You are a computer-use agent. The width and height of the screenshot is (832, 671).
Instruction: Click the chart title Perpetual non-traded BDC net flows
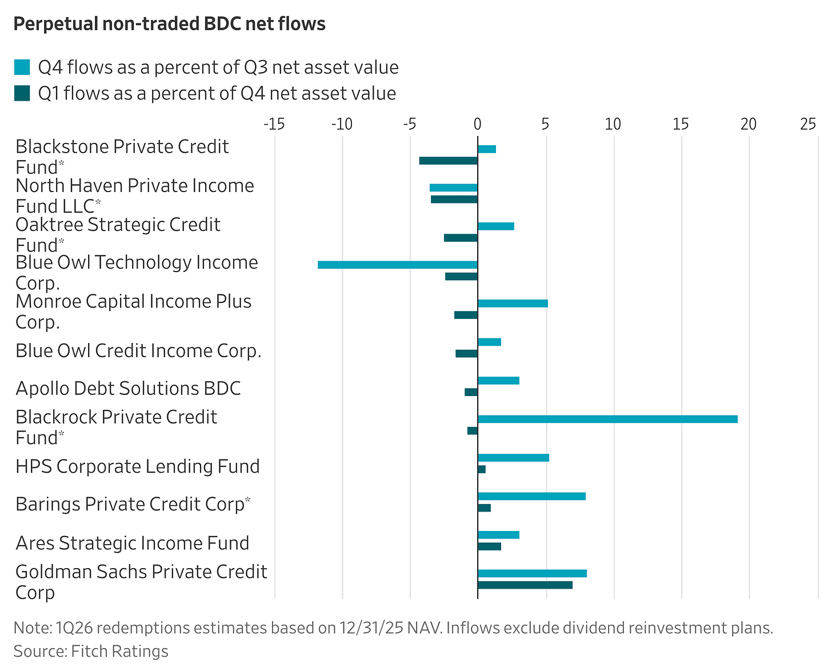click(x=169, y=24)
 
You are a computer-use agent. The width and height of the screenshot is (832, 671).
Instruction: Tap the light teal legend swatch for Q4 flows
click(x=22, y=67)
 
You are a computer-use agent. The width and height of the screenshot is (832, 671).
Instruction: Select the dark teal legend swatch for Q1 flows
click(x=22, y=93)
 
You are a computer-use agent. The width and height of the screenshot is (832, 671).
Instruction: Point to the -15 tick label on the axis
click(x=274, y=124)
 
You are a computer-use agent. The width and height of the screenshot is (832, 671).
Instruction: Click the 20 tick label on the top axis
click(x=748, y=124)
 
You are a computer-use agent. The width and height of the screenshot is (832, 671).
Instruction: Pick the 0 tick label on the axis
click(x=478, y=124)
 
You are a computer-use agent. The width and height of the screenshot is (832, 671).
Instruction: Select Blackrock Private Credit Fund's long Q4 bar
click(x=607, y=419)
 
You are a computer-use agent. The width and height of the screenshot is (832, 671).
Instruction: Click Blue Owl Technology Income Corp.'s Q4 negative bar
click(x=398, y=265)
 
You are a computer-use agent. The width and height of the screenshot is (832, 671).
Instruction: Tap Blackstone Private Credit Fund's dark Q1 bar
click(x=449, y=161)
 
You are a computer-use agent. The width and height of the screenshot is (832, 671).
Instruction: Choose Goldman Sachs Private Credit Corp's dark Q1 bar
click(x=525, y=585)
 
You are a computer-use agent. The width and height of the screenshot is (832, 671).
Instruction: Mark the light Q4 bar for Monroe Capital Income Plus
click(x=513, y=303)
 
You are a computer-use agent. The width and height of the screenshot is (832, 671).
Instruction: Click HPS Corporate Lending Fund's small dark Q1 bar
click(x=482, y=469)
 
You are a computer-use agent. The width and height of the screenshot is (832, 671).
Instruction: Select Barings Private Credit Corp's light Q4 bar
click(x=531, y=496)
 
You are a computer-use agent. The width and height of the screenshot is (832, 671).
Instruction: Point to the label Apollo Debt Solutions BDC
click(x=128, y=389)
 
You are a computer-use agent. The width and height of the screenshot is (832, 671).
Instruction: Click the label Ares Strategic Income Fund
click(x=133, y=543)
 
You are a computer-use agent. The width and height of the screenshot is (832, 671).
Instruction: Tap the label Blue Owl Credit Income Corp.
click(x=138, y=351)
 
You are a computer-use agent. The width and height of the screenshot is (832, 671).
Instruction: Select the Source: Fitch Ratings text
click(x=91, y=652)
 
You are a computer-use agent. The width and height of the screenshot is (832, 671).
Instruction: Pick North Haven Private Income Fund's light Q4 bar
click(x=454, y=187)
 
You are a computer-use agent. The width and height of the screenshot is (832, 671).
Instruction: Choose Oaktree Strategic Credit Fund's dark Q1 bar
click(x=461, y=238)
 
